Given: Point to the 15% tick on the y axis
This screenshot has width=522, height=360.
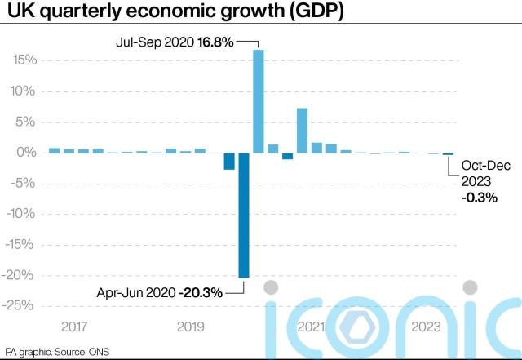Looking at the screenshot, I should coord(24,60).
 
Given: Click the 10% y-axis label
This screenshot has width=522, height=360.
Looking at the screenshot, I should coord(24,91).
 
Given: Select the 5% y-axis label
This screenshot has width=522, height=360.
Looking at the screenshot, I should coord(27,122).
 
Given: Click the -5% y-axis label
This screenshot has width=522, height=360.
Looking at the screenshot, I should coord(25,183).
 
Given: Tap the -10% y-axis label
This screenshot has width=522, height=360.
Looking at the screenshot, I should coord(23,214).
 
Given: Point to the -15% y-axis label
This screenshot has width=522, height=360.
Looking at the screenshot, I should coord(23,244).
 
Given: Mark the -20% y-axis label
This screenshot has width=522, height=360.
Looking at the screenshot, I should coord(23,275).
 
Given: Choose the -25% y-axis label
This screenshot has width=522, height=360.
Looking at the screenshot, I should coord(23,305).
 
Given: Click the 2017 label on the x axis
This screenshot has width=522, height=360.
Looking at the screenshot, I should coord(74,327).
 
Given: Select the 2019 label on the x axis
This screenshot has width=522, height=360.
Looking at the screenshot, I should coord(190,327).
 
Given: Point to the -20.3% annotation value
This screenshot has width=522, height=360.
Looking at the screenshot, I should coord(201,291).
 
